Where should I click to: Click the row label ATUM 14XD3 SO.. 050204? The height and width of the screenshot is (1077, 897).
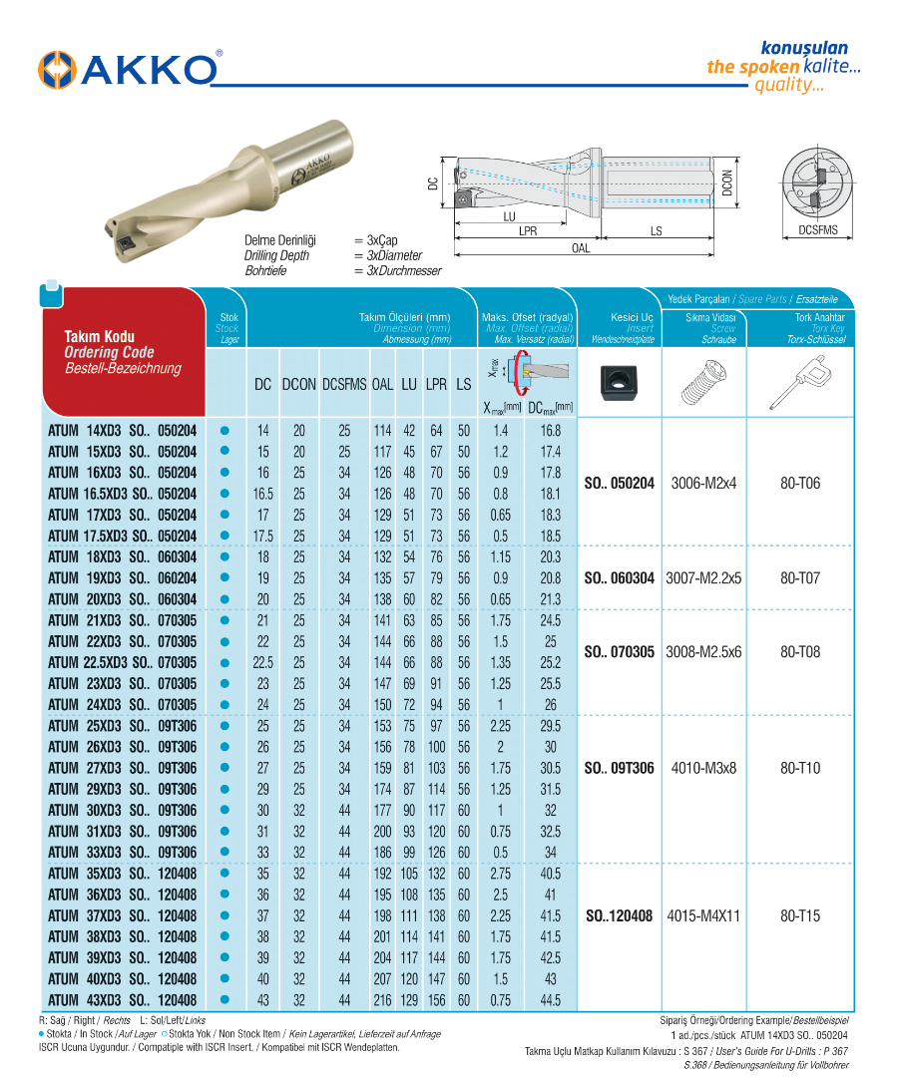click(123, 431)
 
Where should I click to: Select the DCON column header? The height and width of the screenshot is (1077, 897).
click(298, 384)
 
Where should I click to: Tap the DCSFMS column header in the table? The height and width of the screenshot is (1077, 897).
click(344, 384)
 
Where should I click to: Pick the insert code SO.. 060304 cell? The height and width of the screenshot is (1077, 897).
click(619, 578)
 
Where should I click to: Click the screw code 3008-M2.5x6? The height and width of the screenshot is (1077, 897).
click(702, 652)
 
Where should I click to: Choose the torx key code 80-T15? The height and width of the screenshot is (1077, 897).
click(800, 915)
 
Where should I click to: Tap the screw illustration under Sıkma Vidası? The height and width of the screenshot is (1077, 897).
click(703, 384)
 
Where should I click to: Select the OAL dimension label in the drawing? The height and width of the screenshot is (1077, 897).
click(581, 249)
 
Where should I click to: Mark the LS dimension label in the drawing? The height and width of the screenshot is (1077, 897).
click(656, 231)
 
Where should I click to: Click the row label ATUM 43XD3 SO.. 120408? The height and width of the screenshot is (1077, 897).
click(123, 1000)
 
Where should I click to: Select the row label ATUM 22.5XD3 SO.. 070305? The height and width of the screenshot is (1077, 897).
click(123, 663)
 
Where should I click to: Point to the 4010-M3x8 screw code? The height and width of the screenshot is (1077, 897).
click(702, 769)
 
